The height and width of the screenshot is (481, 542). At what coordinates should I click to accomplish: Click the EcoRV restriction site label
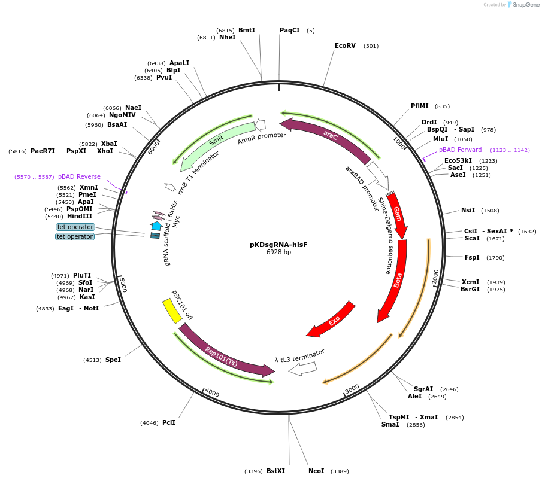(345, 45)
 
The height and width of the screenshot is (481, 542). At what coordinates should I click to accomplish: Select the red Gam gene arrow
(398, 215)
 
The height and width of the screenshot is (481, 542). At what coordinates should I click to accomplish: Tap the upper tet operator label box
(75, 227)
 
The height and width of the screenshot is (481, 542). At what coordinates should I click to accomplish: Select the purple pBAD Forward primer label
(460, 150)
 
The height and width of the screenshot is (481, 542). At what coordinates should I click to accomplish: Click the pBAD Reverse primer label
(79, 177)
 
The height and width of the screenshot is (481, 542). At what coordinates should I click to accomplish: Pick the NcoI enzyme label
(316, 471)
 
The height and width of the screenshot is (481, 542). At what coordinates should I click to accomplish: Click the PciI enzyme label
(169, 422)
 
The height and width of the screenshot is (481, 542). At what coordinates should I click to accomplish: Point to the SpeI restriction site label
(113, 360)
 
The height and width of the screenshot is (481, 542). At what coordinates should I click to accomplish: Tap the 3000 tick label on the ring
(352, 388)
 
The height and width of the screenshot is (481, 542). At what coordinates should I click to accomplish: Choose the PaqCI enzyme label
(290, 30)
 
